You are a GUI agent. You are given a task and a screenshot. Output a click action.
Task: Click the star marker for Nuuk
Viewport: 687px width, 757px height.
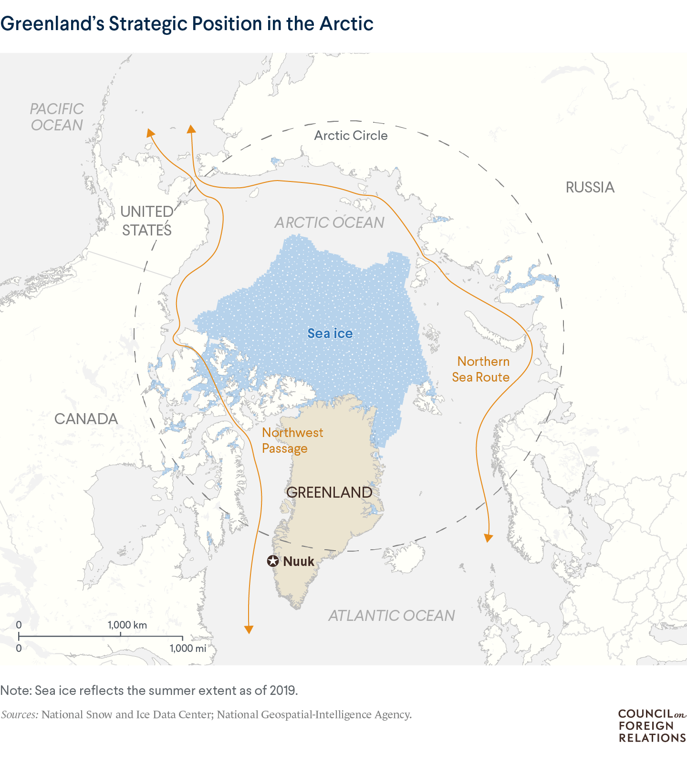(272, 561)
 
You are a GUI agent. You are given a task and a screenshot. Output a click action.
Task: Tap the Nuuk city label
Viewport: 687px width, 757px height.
(299, 562)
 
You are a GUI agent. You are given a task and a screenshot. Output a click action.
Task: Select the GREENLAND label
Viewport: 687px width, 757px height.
(329, 492)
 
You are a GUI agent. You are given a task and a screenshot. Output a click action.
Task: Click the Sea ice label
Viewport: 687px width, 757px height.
(330, 333)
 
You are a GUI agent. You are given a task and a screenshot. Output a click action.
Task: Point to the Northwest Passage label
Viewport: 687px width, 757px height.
(292, 440)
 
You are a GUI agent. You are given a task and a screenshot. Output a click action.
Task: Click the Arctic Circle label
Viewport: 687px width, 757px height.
(351, 136)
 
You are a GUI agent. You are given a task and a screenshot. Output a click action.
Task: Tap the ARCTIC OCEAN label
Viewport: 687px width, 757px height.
(329, 223)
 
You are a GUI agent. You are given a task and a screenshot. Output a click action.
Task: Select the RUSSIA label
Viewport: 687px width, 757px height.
(590, 187)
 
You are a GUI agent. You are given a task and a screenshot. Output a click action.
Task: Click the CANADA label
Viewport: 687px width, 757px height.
(86, 419)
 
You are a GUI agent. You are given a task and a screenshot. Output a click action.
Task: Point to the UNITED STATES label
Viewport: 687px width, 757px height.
(146, 221)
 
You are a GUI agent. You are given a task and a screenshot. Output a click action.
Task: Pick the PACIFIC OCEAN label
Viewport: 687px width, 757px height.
(57, 117)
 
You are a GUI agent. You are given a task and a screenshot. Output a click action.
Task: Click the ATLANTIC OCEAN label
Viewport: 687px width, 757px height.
(391, 616)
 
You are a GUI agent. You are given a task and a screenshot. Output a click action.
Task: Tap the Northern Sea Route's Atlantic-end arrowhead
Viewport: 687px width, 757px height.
(488, 538)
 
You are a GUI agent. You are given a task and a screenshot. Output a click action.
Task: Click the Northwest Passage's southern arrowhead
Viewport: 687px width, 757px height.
(248, 629)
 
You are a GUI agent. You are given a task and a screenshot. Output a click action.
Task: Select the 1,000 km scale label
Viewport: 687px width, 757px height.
(127, 625)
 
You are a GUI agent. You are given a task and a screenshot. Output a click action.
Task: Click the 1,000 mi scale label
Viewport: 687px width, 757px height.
(188, 648)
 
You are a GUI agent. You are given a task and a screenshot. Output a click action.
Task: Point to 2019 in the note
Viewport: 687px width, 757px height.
(283, 691)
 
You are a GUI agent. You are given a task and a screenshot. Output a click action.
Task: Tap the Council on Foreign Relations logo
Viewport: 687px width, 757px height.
(652, 725)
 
